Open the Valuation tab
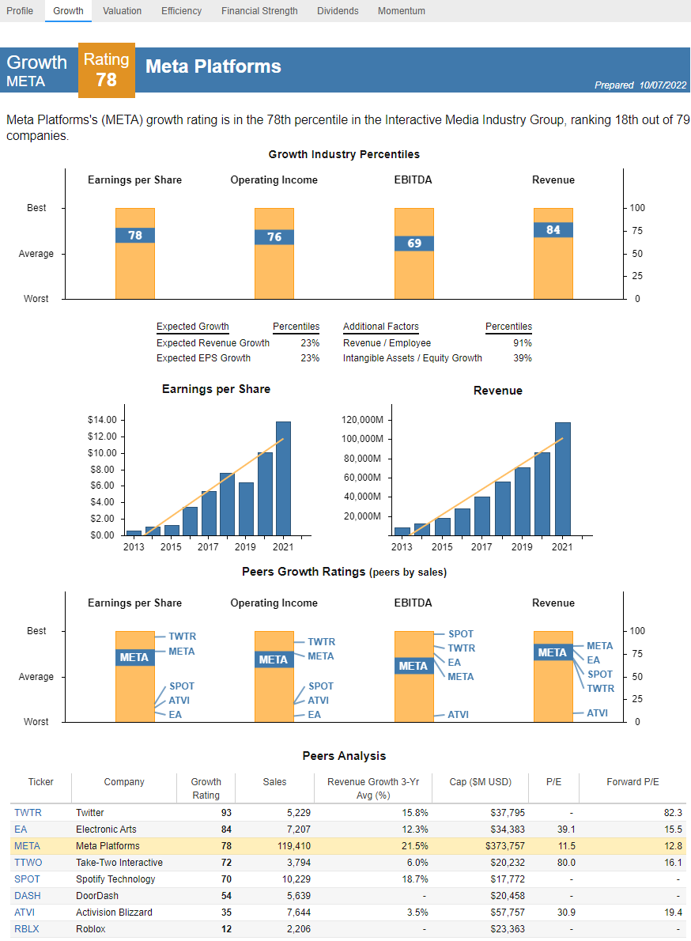tap(122, 11)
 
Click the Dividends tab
tap(338, 11)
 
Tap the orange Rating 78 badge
tap(107, 70)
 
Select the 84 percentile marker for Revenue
tap(553, 230)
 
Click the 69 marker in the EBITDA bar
tap(413, 244)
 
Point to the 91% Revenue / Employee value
tap(522, 343)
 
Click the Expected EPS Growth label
tap(203, 358)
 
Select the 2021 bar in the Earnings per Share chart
tap(283, 478)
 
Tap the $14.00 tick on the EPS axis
tap(102, 420)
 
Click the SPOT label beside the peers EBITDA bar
tap(461, 634)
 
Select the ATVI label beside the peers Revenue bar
tap(597, 713)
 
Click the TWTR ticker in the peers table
tap(28, 813)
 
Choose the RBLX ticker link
tap(27, 929)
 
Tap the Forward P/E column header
tap(632, 782)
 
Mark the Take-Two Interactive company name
tap(119, 863)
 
